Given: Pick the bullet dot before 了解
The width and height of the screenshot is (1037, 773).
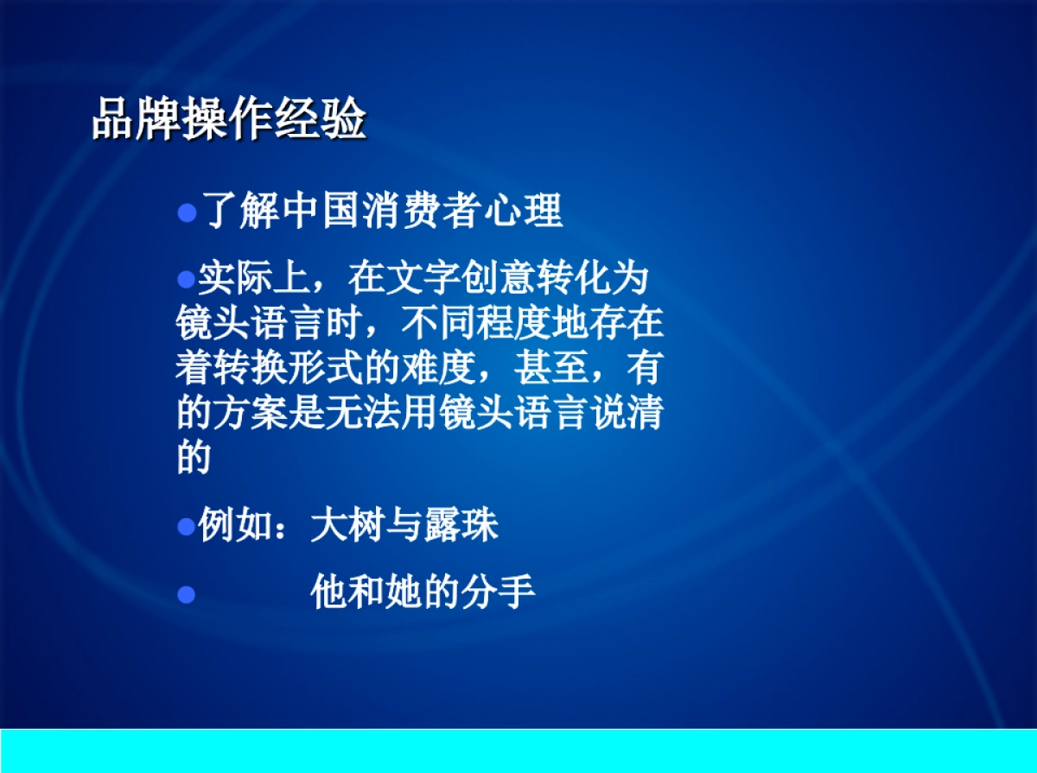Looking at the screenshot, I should coord(188,213).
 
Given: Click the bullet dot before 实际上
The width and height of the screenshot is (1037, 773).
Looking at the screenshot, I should coord(184,278).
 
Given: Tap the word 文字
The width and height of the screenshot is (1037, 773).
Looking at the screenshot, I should coord(424,278).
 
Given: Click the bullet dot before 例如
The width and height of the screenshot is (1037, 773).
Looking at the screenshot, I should coord(184,526).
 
